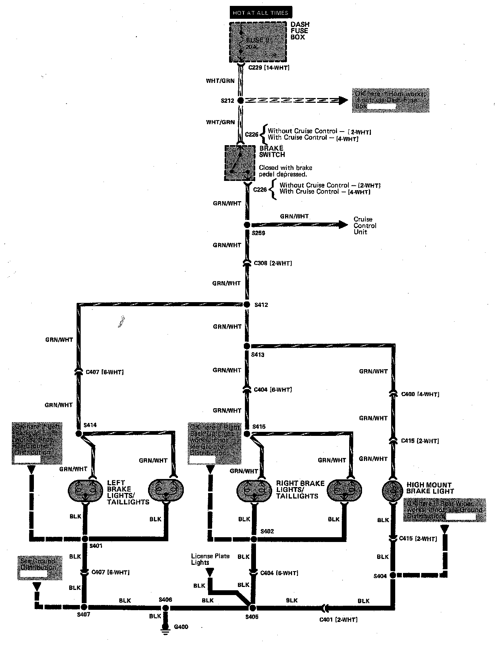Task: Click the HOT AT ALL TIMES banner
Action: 260,13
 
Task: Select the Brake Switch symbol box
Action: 240,162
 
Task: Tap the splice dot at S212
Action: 241,100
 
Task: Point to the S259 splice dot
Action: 247,225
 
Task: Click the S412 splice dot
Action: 247,304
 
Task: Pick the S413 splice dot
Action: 247,346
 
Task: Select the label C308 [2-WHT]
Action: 273,263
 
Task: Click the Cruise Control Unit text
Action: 365,225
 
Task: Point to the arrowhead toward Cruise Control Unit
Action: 343,224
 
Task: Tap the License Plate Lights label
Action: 210,559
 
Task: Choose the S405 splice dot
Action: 253,607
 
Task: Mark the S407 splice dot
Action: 84,607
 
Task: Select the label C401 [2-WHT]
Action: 338,620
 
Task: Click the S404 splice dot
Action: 393,575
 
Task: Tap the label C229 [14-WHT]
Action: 268,68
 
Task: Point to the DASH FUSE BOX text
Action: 300,31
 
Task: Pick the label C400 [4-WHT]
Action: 420,394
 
